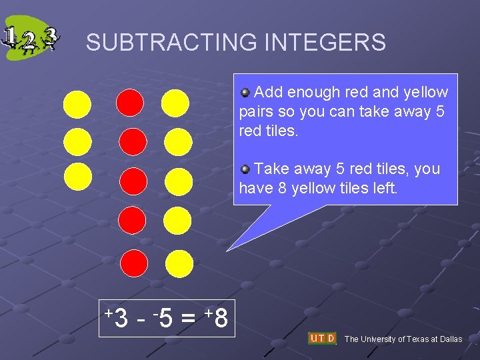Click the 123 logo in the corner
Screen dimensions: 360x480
(31, 41)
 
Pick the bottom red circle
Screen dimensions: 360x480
(135, 263)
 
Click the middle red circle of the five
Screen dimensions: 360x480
(133, 181)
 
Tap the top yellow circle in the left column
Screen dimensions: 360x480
(77, 104)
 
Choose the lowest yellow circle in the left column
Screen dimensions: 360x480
(77, 177)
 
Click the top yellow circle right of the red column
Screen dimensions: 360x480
(175, 103)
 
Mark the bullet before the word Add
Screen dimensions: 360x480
(245, 92)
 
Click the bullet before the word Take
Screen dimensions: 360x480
(245, 169)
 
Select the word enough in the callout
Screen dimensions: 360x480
(313, 92)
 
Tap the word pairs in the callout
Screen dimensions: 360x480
(256, 111)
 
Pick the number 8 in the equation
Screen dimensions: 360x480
(221, 319)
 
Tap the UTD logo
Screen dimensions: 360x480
(322, 339)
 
